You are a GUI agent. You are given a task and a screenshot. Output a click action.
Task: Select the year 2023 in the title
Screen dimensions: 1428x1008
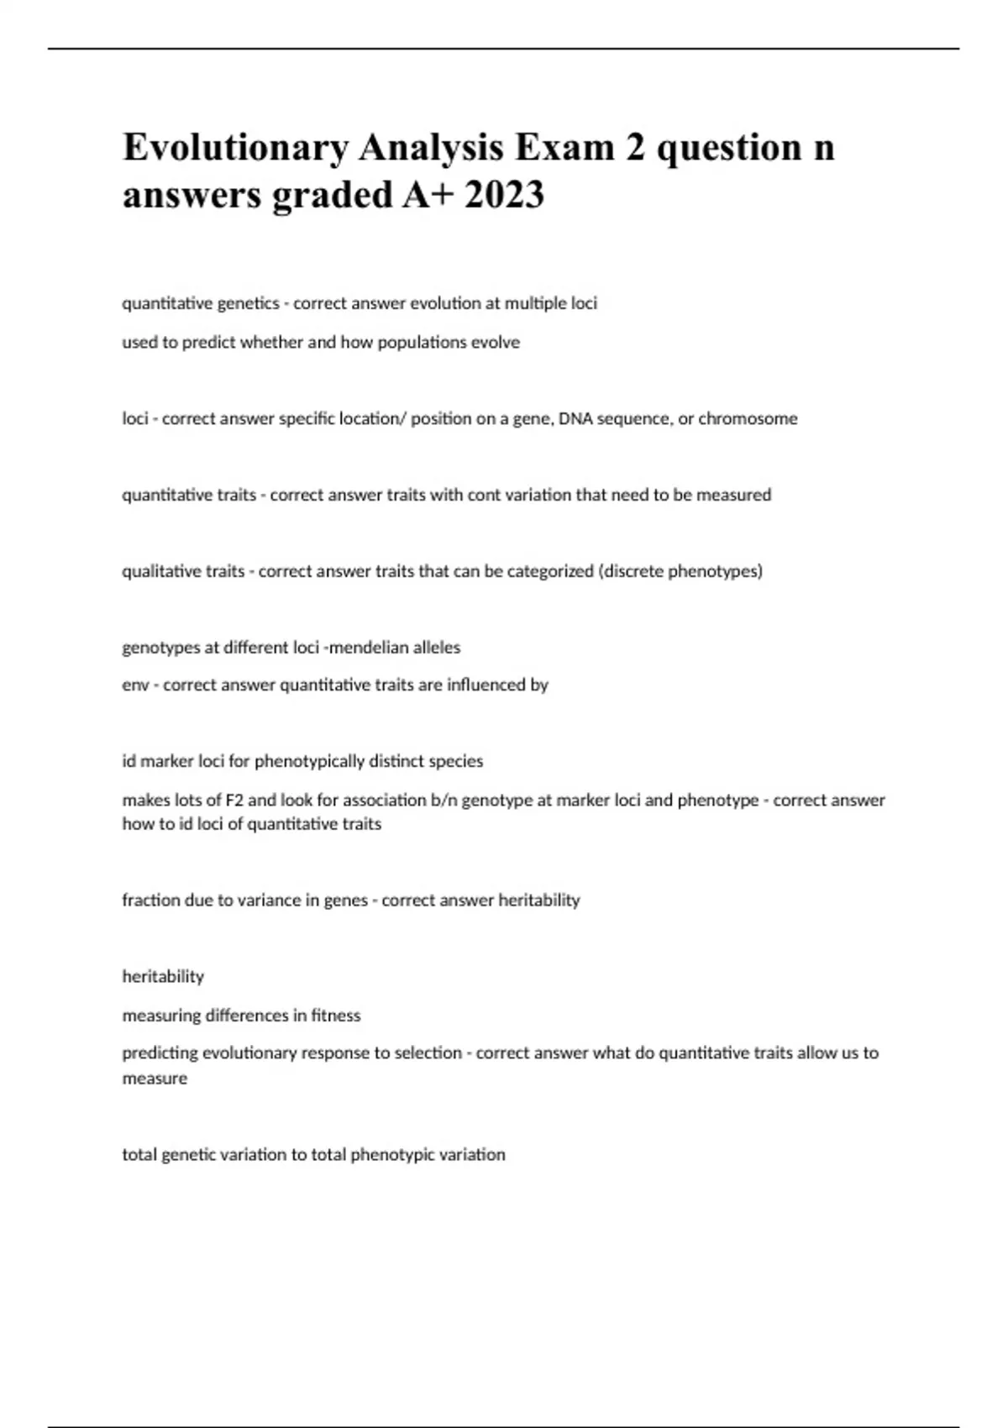pyautogui.click(x=504, y=195)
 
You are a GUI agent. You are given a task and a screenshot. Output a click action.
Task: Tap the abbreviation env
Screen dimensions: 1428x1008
pyautogui.click(x=135, y=685)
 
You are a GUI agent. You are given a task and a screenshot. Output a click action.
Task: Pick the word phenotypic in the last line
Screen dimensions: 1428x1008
pyautogui.click(x=390, y=1155)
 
